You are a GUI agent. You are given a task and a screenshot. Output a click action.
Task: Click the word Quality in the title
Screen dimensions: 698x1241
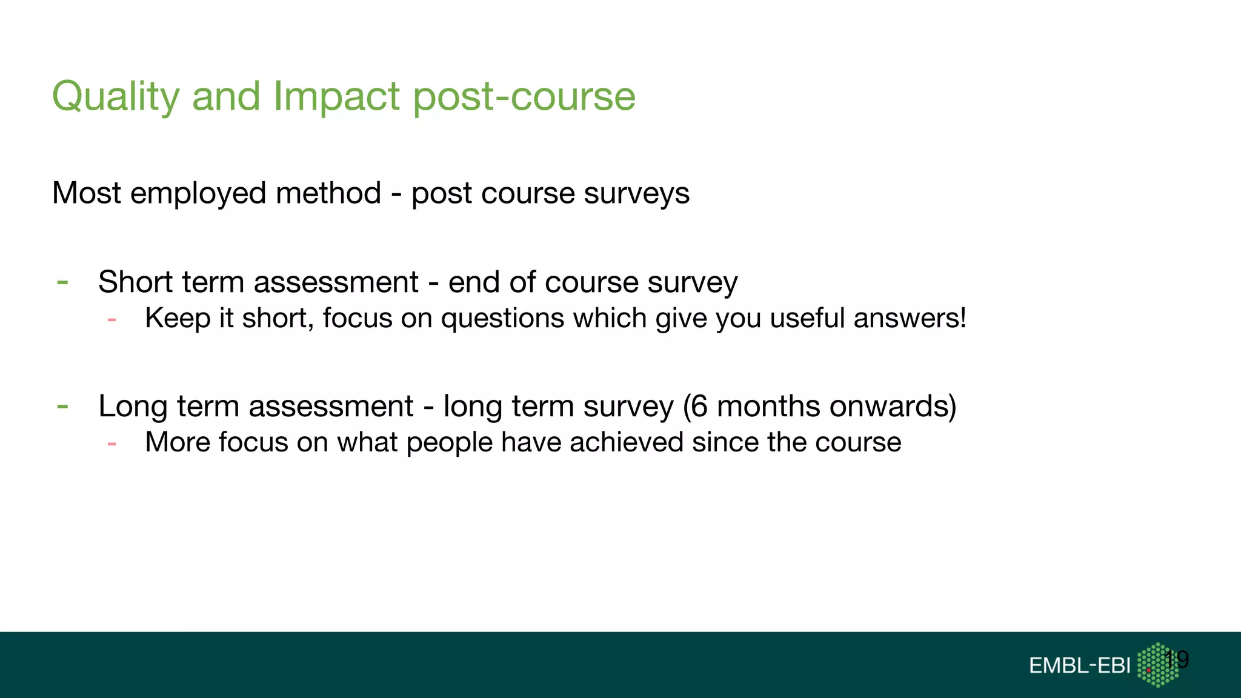115,97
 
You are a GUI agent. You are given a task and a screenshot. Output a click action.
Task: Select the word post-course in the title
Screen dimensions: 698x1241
524,97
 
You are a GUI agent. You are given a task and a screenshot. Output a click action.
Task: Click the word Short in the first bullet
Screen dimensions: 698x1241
135,282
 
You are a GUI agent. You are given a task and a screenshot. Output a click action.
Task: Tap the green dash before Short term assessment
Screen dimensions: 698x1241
62,282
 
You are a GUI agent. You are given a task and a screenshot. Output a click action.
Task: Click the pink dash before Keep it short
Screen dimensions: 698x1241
111,319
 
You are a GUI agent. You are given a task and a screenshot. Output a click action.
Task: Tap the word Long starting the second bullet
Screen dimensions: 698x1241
133,407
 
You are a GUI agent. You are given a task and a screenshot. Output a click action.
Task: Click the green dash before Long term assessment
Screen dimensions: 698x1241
62,406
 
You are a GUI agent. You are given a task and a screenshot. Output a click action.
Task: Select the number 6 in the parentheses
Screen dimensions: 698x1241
699,406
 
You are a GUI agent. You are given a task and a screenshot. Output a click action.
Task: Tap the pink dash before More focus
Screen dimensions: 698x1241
111,444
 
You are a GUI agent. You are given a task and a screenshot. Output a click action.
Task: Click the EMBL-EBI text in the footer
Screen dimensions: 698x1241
1079,666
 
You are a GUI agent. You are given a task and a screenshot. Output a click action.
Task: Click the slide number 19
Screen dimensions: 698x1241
1177,659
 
